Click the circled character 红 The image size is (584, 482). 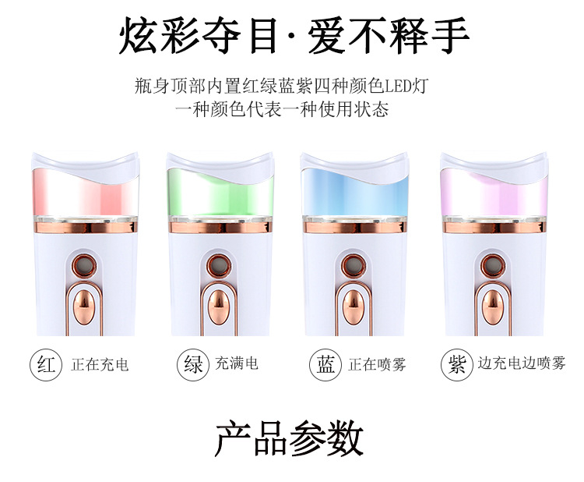coord(45,364)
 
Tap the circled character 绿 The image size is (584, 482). coord(192,364)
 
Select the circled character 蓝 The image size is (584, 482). coord(325,364)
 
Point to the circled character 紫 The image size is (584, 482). coord(456,364)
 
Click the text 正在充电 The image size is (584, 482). coord(100,364)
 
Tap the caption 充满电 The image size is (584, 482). coord(237,363)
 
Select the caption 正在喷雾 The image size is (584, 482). coord(378,364)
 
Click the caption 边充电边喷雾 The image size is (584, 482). coord(522,363)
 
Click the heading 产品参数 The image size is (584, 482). coord(289,438)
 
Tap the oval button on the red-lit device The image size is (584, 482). coord(84,307)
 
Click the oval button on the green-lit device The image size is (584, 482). coord(219,307)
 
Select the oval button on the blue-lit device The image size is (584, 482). coord(353,307)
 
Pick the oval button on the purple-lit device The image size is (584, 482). coord(493,307)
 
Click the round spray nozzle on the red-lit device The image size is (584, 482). coord(84,265)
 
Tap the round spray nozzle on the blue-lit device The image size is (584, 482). coord(353,265)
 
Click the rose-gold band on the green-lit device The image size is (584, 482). coord(220,227)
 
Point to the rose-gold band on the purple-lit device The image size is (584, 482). coord(494,227)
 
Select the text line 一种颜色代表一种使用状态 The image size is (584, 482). coord(282,110)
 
